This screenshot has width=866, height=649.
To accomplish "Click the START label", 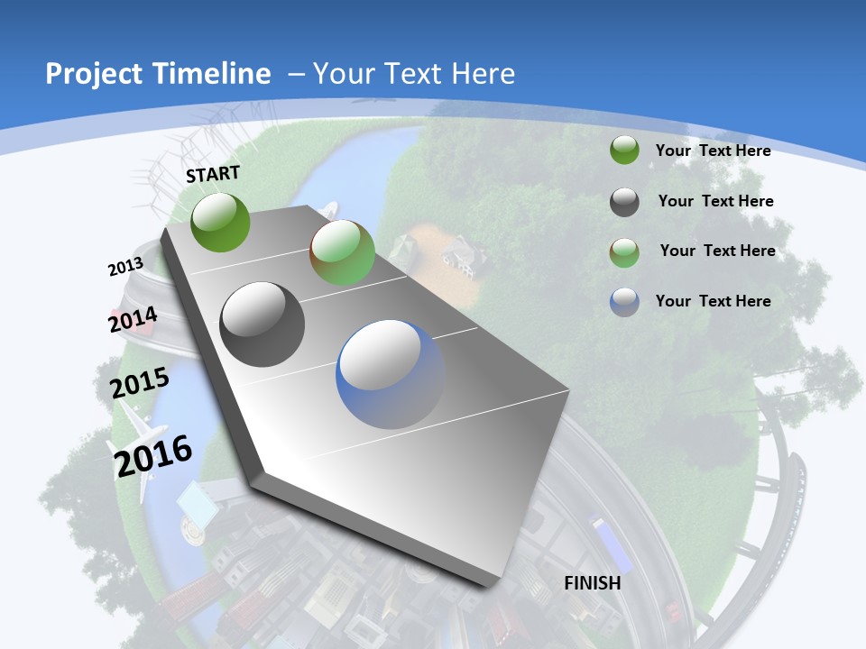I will click(x=213, y=174).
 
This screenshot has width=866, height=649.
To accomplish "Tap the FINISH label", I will click(x=593, y=583).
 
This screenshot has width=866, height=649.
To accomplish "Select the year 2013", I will click(x=125, y=267).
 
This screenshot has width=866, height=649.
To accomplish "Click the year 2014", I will click(x=133, y=320).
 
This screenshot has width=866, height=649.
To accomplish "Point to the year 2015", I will click(x=140, y=382).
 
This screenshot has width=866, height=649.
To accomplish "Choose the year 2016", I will click(x=153, y=455).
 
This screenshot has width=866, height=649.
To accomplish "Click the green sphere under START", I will click(x=220, y=222).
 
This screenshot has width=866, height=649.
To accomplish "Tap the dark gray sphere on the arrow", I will click(x=263, y=324).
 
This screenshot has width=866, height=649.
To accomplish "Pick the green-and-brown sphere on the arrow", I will click(x=342, y=253).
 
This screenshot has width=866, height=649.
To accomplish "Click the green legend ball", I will click(x=624, y=151).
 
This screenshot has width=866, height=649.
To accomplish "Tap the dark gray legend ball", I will click(x=624, y=202).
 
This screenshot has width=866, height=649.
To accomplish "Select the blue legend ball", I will click(x=624, y=302).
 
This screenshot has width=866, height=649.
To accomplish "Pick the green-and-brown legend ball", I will click(x=624, y=252).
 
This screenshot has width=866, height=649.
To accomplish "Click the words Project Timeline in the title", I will click(x=158, y=74).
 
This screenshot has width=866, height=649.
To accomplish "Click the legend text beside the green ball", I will click(x=713, y=151).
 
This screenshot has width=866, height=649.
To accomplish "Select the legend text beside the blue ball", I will click(x=713, y=301).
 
